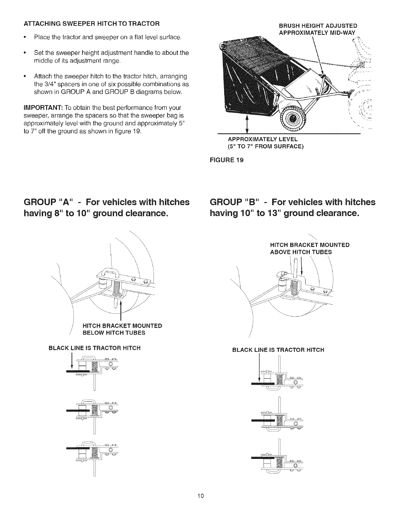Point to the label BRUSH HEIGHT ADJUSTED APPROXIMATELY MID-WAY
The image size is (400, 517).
[x=318, y=29]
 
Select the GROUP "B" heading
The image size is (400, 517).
[x=292, y=208]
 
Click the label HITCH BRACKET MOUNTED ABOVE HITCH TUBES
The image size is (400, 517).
[x=309, y=248]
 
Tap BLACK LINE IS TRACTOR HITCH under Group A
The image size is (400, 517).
[x=94, y=348]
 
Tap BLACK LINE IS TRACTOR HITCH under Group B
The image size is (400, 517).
[x=278, y=350]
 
